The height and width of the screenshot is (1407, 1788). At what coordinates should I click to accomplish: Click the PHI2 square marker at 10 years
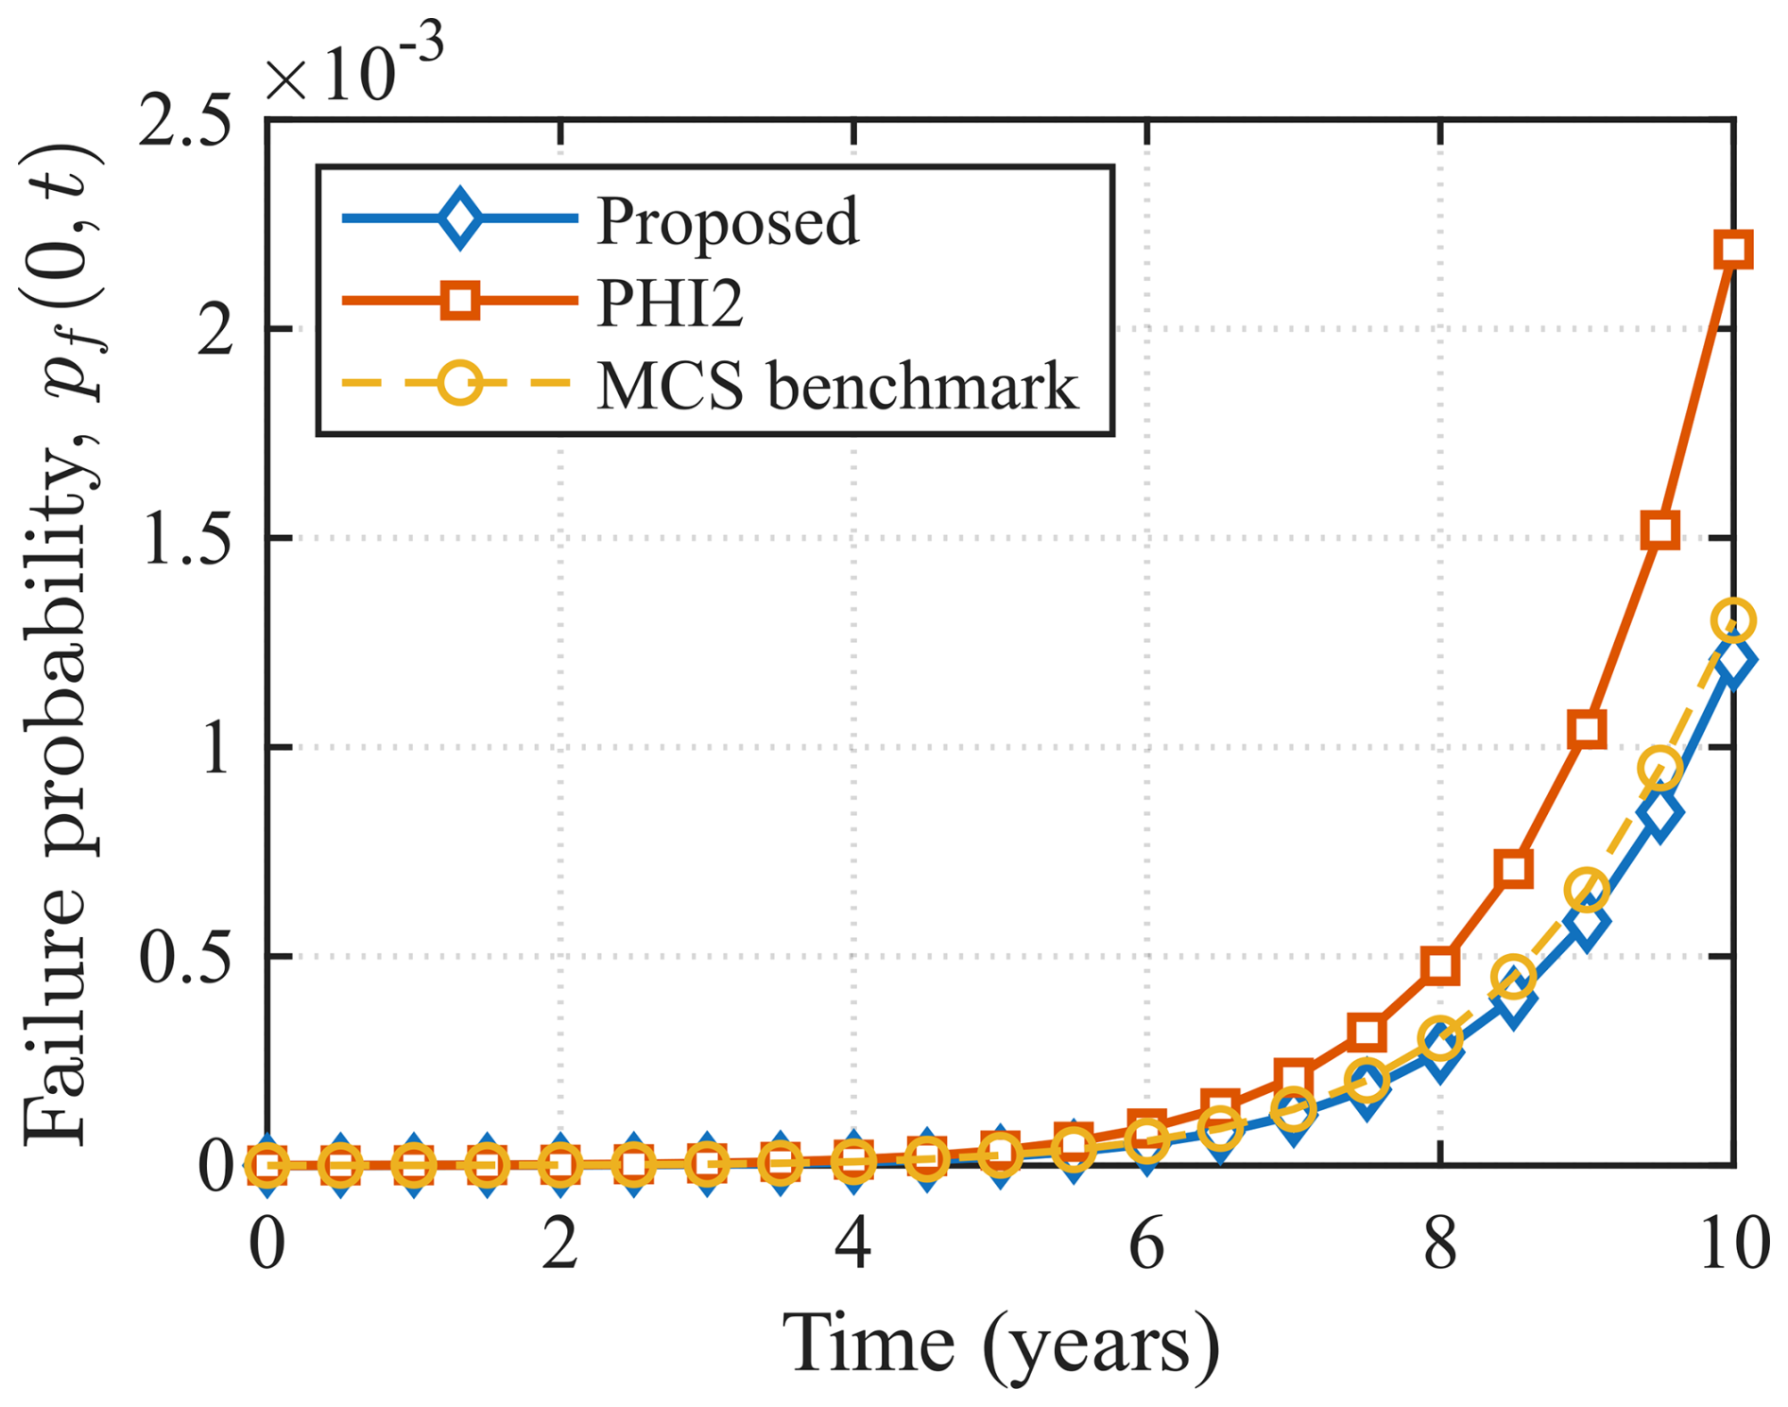pos(1733,251)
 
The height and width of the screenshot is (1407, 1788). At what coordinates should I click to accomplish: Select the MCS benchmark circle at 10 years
pos(1733,621)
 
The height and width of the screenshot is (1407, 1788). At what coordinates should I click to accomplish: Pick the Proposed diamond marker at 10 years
pos(1734,660)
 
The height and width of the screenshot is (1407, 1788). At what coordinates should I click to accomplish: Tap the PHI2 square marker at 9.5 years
pos(1660,530)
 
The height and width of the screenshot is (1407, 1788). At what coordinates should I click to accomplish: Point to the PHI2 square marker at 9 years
pos(1588,729)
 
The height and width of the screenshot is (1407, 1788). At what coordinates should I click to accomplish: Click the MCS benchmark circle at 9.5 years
pos(1660,768)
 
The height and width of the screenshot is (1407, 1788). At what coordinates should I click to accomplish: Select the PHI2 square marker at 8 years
pos(1440,965)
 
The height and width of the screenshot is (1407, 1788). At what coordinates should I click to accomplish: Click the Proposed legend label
pos(728,220)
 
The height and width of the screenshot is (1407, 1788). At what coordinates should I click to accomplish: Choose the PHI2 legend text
pos(670,303)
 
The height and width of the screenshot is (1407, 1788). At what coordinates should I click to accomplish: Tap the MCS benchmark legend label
pos(837,385)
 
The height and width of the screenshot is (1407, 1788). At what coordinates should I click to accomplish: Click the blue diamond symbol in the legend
pos(460,218)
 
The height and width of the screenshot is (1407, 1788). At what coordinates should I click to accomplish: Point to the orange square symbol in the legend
pos(460,302)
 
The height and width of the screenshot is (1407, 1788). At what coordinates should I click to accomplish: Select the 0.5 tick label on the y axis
pos(185,957)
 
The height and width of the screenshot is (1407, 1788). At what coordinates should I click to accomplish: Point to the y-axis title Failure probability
pos(61,643)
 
